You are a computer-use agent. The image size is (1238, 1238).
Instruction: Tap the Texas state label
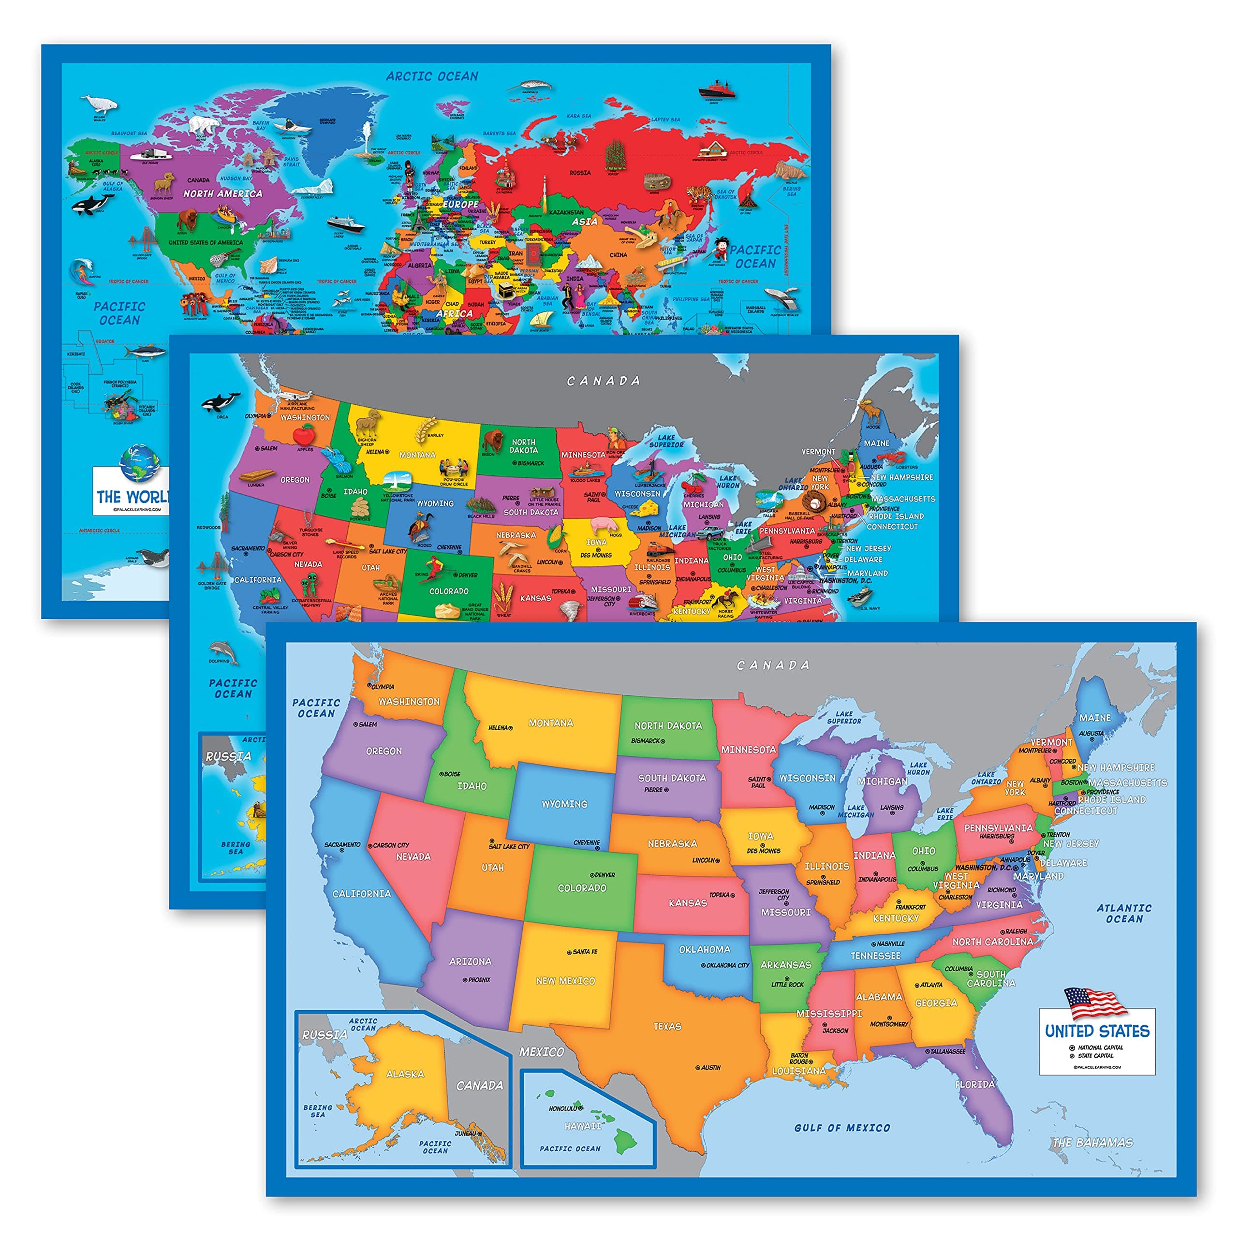(667, 1026)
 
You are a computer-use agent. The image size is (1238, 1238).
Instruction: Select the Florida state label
(974, 1084)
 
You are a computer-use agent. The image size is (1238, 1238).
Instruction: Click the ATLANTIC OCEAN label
(1123, 913)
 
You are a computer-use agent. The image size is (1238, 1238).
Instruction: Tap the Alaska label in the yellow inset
(404, 1073)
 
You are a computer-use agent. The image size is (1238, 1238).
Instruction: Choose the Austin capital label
(710, 1068)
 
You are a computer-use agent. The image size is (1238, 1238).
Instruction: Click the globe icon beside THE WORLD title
(139, 463)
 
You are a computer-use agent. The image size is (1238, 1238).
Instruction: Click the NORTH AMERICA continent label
(222, 193)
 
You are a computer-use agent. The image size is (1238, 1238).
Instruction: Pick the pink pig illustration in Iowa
(604, 526)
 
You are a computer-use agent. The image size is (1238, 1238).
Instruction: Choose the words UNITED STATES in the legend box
(1096, 1031)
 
